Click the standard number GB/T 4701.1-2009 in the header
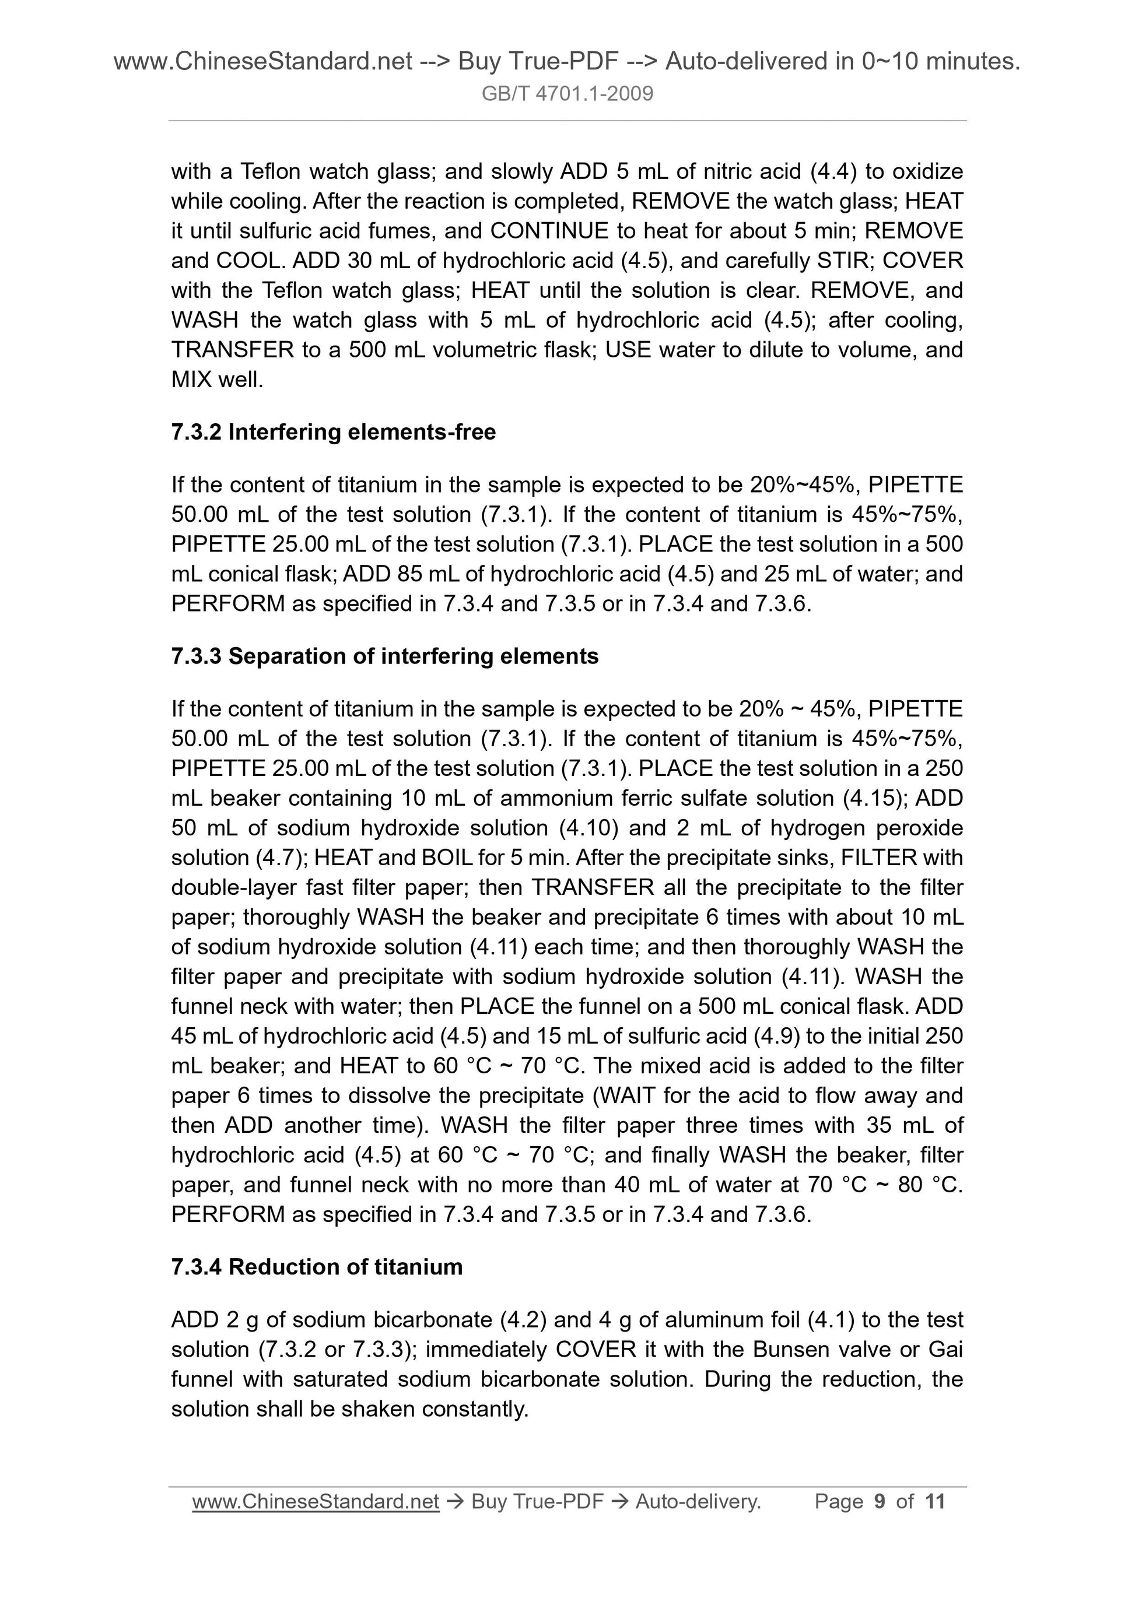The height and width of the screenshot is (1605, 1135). click(x=567, y=94)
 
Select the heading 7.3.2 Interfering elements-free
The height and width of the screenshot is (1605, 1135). click(x=333, y=432)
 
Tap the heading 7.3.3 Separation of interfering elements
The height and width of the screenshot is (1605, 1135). click(x=384, y=656)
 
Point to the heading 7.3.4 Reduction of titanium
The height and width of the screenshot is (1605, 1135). click(x=317, y=1267)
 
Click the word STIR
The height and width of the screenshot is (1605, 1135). click(x=843, y=261)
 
